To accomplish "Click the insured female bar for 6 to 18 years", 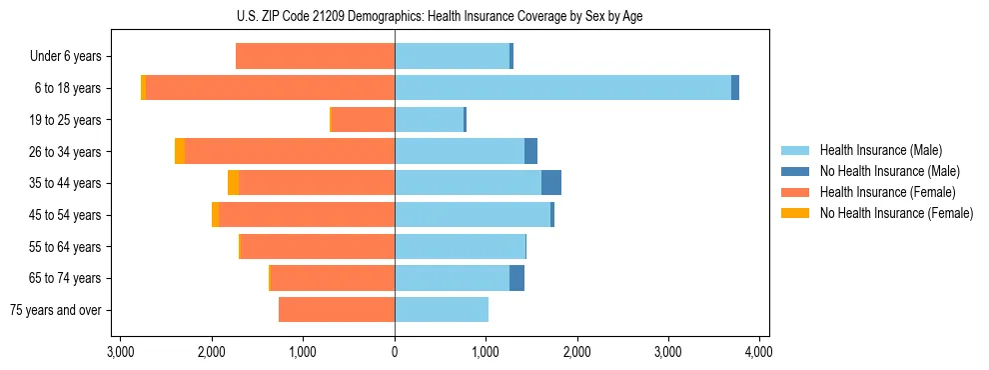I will [x=270, y=88].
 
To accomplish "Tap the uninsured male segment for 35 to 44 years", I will [x=551, y=183].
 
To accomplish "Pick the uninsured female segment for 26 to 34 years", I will [x=180, y=151].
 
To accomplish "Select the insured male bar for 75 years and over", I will [x=442, y=310].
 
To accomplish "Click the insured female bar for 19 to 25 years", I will [x=363, y=120].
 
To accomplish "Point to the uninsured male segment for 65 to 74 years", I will [x=516, y=278].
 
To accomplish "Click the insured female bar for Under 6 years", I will [x=315, y=56].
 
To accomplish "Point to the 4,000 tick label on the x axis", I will [x=758, y=352].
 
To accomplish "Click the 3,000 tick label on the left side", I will [x=120, y=352].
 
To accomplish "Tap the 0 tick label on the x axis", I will [x=395, y=352].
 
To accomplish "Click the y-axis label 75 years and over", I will [x=56, y=310].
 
